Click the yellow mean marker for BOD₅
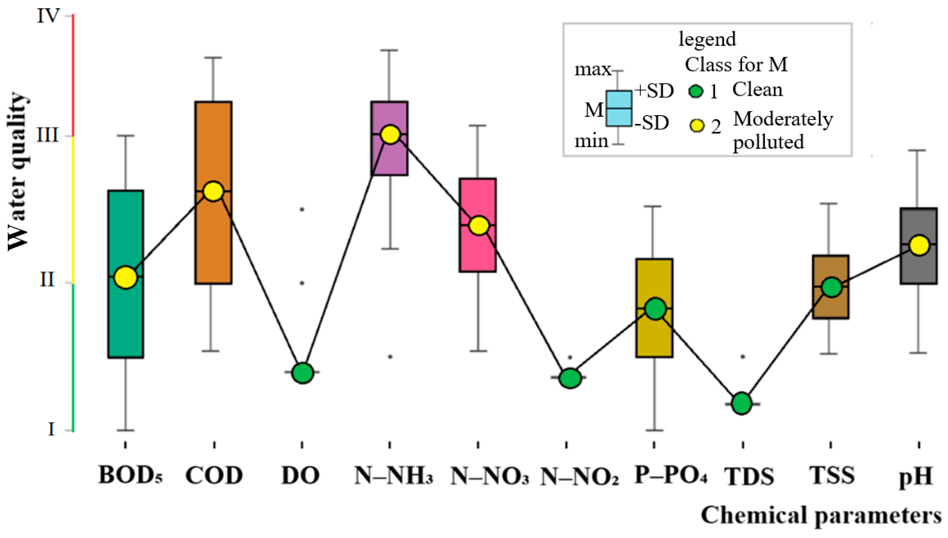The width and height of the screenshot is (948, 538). tap(125, 277)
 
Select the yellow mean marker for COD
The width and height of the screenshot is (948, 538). tap(213, 191)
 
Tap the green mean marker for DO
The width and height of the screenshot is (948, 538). tap(303, 372)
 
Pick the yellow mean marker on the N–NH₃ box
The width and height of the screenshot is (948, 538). tap(390, 134)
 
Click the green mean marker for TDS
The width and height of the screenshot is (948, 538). tap(742, 403)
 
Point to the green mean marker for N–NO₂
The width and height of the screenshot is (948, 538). tap(570, 378)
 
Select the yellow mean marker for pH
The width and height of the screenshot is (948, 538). tap(919, 245)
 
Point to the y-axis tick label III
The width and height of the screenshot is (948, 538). tap(47, 135)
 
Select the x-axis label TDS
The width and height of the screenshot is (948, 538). tap(749, 476)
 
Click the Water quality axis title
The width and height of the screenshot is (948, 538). tap(18, 172)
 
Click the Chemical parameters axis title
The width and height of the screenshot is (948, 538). tap(821, 516)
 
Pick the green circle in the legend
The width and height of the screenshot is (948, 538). tap(696, 91)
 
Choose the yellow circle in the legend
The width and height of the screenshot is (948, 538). tap(697, 126)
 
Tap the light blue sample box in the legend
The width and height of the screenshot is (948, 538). tap(619, 108)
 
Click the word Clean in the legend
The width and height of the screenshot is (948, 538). tap(757, 90)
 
